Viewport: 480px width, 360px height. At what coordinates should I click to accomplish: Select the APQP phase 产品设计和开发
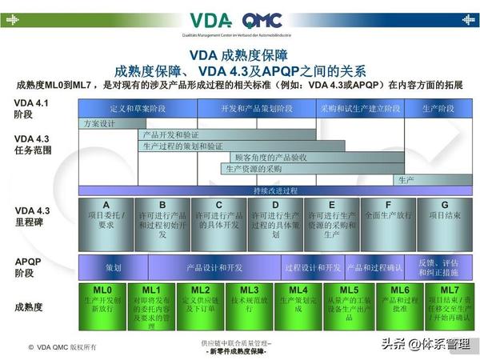pyautogui.click(x=214, y=266)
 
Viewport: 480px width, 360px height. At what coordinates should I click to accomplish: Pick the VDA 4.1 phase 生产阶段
pyautogui.click(x=439, y=108)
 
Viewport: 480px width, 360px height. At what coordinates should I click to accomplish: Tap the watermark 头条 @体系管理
pyautogui.click(x=425, y=344)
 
